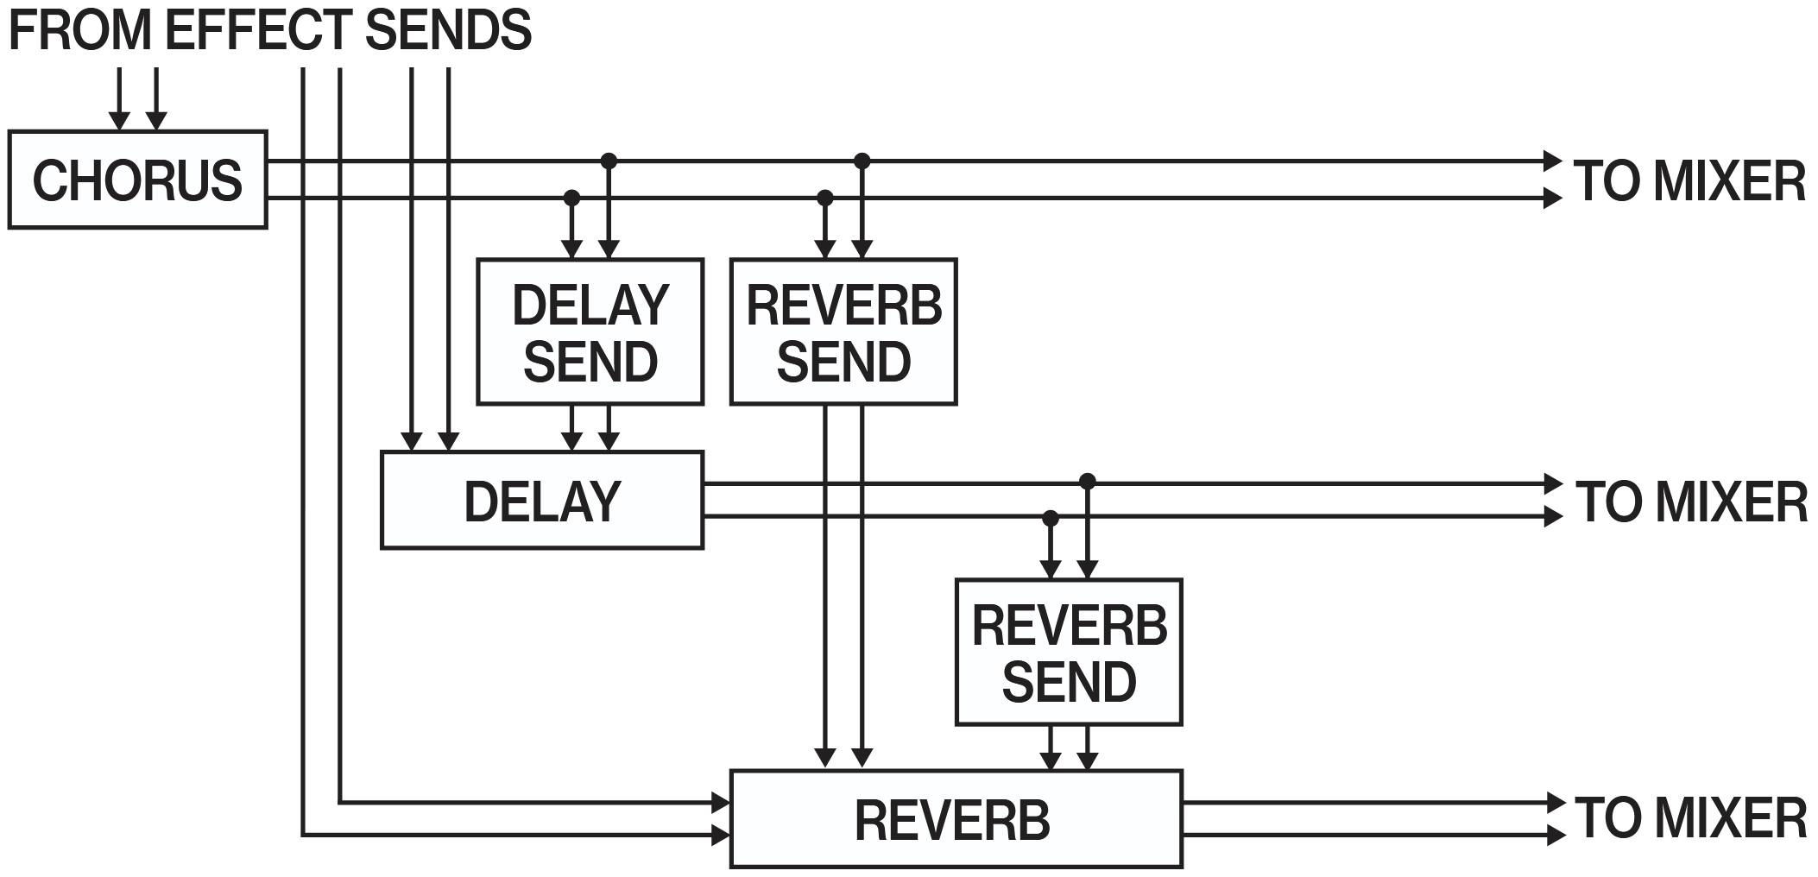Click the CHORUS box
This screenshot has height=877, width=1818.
pos(137,180)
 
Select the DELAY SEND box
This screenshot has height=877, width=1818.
pos(590,331)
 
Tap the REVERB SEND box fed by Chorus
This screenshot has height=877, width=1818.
pos(843,331)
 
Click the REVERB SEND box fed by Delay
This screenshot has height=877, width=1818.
pos(1069,652)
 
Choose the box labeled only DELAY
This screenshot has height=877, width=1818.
pos(542,500)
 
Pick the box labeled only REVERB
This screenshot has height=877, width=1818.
pos(956,819)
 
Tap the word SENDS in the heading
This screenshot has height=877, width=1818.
pos(448,29)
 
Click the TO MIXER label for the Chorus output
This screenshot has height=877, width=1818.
pos(1689,180)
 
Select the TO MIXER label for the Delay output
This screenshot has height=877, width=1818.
pos(1691,501)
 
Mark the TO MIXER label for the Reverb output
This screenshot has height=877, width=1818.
pos(1690,817)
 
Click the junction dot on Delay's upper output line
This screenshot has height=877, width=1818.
pos(1088,481)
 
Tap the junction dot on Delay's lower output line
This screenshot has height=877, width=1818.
pos(1051,518)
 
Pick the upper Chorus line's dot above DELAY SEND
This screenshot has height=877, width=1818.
pos(609,161)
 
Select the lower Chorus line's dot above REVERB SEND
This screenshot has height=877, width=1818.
pos(825,198)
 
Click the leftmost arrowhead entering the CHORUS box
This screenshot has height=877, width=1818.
pos(119,122)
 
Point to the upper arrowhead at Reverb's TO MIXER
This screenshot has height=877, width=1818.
pos(1554,803)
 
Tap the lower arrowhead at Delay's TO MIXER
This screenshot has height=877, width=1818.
pos(1553,516)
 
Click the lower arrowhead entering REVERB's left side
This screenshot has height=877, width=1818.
pos(721,835)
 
